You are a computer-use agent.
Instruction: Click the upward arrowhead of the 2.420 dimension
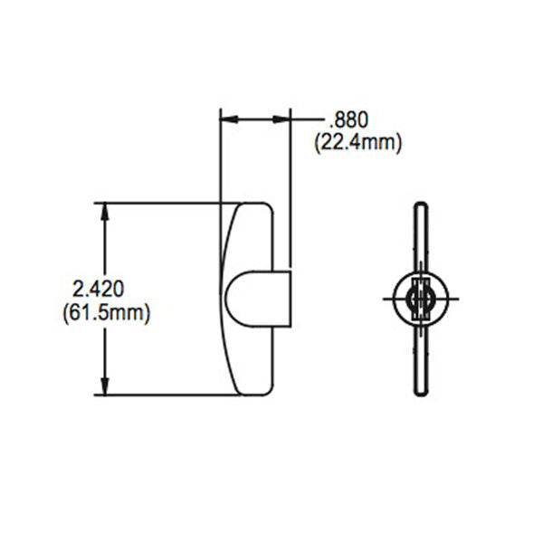tap(107, 210)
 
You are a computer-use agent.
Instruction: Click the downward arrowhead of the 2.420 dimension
tap(107, 386)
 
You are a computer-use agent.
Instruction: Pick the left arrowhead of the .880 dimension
tap(227, 119)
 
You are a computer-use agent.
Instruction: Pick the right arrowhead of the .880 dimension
tap(284, 119)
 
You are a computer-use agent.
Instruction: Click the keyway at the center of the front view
tap(418, 299)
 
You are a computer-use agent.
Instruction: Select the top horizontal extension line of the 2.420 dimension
tap(163, 203)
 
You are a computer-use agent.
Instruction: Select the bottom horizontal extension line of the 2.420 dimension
tap(163, 395)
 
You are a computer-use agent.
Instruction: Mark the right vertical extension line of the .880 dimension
tap(291, 181)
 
